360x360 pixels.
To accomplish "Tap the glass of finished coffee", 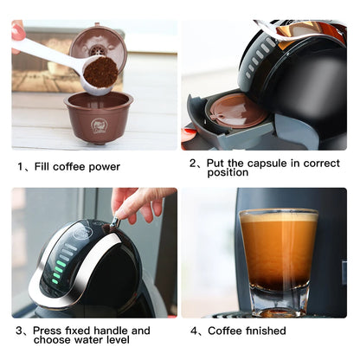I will pyautogui.click(x=278, y=260).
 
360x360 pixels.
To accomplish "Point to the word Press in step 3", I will pyautogui.click(x=52, y=331).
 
